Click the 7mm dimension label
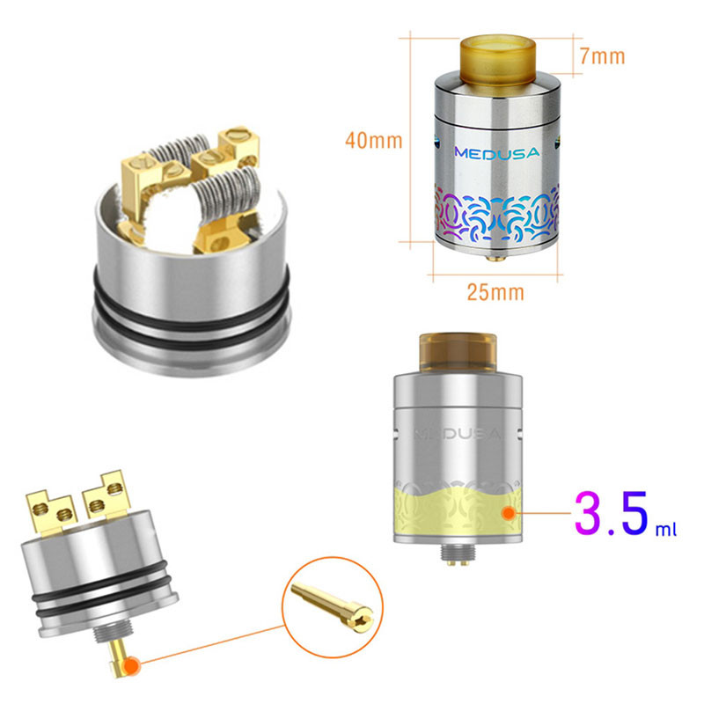(602, 56)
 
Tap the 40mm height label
(373, 141)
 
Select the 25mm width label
(495, 292)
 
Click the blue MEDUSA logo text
(497, 153)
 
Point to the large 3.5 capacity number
(612, 513)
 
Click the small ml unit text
(666, 529)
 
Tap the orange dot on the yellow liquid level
(509, 513)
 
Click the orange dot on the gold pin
(132, 666)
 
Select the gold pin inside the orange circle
(333, 606)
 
